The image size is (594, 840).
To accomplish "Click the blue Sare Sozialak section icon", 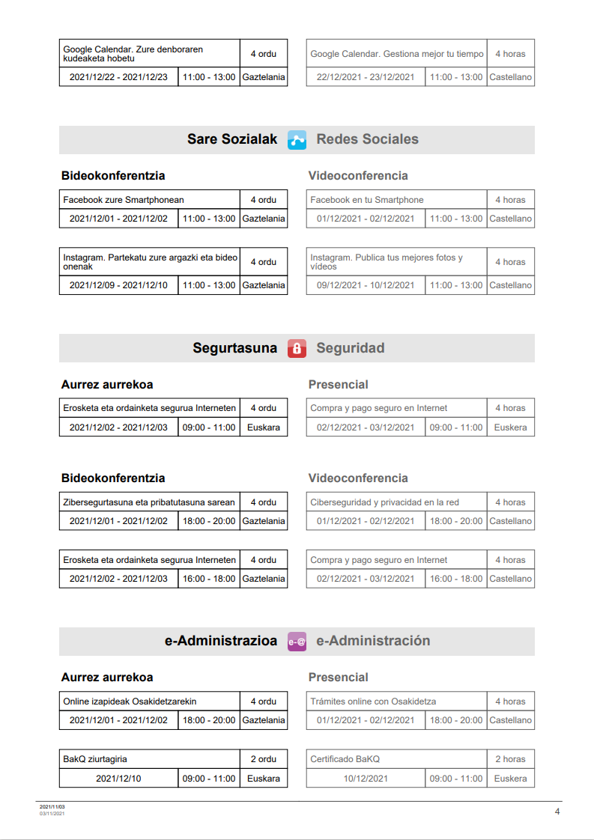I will [x=297, y=140].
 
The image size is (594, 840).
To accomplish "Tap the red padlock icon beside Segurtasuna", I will [x=297, y=348].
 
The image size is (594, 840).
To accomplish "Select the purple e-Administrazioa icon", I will [x=297, y=642].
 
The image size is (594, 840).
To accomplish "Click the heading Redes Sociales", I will [x=367, y=139].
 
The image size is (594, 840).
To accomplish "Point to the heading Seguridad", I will [x=350, y=348].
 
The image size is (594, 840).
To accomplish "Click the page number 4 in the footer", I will [x=557, y=812].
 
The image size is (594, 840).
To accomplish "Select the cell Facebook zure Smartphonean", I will [x=124, y=200].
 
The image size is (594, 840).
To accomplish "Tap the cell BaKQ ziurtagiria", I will [x=95, y=759].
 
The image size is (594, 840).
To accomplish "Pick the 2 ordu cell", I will [x=263, y=759].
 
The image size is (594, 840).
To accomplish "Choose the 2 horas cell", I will [x=510, y=759].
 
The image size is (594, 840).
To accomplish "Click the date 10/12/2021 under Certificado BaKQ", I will [x=366, y=779].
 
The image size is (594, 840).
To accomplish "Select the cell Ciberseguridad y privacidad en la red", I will [x=385, y=502].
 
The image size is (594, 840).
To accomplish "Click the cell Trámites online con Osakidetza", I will [x=373, y=701].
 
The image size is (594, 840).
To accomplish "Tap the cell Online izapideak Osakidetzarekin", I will [x=130, y=701].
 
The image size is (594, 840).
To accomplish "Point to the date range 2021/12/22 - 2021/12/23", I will [x=118, y=77].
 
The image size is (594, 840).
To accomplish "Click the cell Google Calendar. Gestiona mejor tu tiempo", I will [x=397, y=54].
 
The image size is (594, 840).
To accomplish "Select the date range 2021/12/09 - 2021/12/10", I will [x=118, y=285].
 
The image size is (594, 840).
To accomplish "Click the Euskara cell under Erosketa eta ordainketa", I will [x=263, y=427].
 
